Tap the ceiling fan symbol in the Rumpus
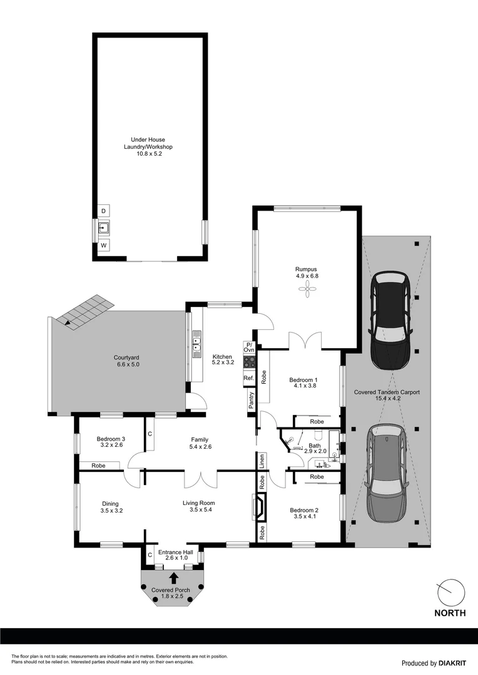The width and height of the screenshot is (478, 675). (307, 287)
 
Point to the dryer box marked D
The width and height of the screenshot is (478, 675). (103, 211)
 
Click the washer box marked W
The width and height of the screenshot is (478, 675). (103, 245)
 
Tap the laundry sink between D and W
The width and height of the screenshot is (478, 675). (103, 228)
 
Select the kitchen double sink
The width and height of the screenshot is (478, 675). (196, 343)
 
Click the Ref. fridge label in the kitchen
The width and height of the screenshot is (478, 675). (248, 378)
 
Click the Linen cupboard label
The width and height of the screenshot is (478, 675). (262, 461)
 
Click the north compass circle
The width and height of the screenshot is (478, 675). (450, 591)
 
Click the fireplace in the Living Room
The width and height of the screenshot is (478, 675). (260, 507)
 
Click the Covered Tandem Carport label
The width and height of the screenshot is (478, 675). (387, 392)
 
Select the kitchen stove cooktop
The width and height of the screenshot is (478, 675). (249, 361)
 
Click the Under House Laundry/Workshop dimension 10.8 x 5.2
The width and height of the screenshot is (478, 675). (149, 154)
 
